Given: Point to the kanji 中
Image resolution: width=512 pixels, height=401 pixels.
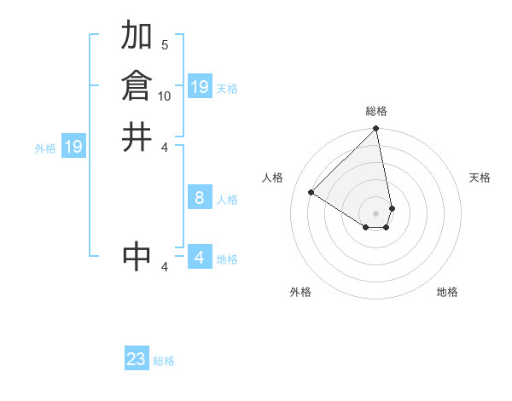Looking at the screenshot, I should tap(137, 256).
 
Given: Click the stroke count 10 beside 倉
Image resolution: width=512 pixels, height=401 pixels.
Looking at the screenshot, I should tap(165, 96).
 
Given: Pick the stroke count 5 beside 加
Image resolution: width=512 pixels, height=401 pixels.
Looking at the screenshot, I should tap(165, 44).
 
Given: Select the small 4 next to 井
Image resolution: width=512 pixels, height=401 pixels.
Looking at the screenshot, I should tap(165, 147).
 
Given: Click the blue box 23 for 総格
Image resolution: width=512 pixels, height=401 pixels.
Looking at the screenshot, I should tap(137, 359).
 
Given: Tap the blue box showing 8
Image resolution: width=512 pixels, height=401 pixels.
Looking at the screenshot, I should tap(199, 198).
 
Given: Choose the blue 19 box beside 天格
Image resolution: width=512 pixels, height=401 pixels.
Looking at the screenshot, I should tap(199, 87).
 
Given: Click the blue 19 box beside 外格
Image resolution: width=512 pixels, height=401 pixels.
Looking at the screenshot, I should tap(73, 147).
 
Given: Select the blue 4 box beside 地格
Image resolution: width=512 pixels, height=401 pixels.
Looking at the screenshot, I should tap(199, 258).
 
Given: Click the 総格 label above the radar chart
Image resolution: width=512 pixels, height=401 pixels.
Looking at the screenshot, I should tap(376, 111).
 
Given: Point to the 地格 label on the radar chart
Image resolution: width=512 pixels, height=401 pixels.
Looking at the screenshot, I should tap(447, 293).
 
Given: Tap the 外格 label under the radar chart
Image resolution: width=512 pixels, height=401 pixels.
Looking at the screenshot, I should tap(300, 293).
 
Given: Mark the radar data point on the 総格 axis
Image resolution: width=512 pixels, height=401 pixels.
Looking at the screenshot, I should tap(376, 130).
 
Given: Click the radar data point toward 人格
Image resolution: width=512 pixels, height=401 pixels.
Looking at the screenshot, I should tap(311, 192).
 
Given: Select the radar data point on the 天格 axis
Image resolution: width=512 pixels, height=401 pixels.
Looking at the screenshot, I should tap(392, 208).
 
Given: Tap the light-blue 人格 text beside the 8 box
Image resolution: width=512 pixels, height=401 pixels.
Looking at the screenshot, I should tap(227, 200).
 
